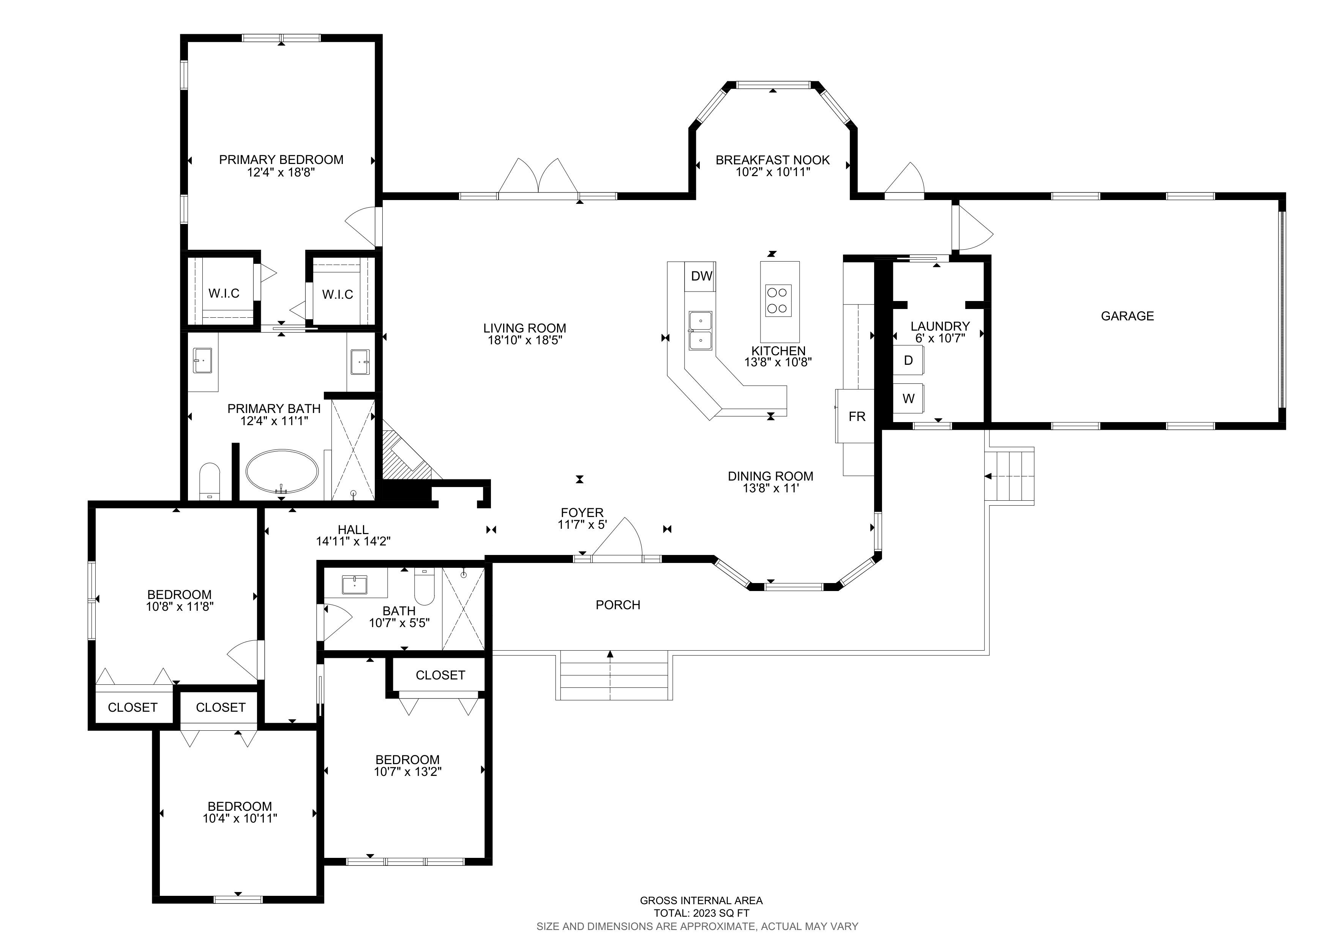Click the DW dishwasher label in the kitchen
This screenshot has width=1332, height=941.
(701, 276)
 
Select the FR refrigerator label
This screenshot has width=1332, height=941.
(857, 416)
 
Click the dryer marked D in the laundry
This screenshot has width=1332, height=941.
(908, 361)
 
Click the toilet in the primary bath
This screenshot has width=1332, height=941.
(210, 481)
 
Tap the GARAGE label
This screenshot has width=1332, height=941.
(1127, 316)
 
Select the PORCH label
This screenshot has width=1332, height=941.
(618, 605)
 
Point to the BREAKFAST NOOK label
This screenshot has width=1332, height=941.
(773, 160)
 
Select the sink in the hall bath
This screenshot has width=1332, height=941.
(355, 585)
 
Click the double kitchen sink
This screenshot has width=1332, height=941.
(700, 331)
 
